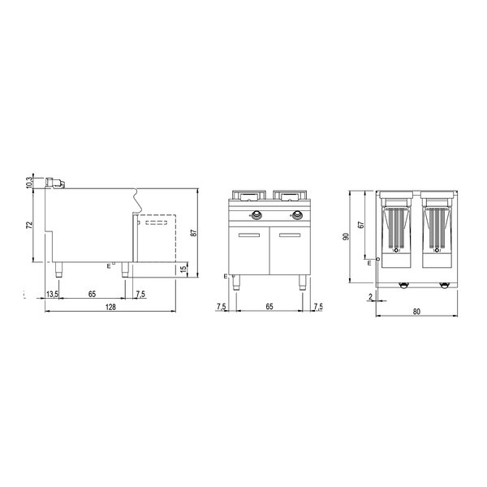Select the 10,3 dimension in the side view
[x=30, y=183]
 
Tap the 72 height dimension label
[x=30, y=225]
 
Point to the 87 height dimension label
[x=192, y=232]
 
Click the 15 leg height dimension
[x=183, y=269]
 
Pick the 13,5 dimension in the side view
[x=53, y=294]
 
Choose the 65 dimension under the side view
[x=93, y=294]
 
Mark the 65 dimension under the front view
[x=269, y=307]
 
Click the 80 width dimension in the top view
[x=416, y=310]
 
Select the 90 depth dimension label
[x=347, y=237]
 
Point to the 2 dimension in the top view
[x=370, y=298]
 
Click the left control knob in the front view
[x=256, y=216]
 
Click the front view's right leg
[x=305, y=281]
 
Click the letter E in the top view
[x=369, y=263]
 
